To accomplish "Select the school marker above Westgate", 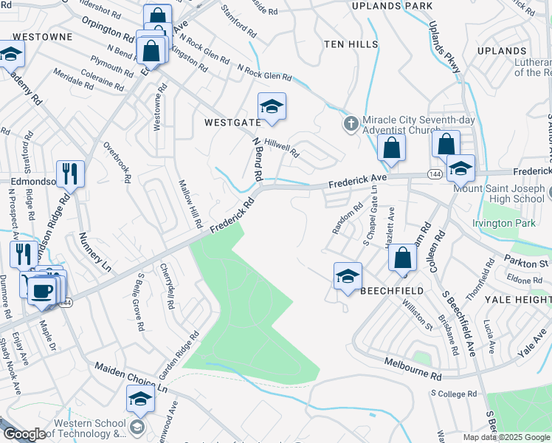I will (272, 107).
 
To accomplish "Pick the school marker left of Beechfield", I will (348, 277).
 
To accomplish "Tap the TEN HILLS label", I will (351, 45).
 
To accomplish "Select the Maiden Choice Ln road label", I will (131, 377).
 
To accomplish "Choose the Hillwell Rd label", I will (281, 148).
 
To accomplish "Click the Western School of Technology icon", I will (137, 427).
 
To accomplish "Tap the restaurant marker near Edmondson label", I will (71, 174).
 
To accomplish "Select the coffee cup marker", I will (42, 290).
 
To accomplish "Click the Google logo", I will (24, 434).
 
